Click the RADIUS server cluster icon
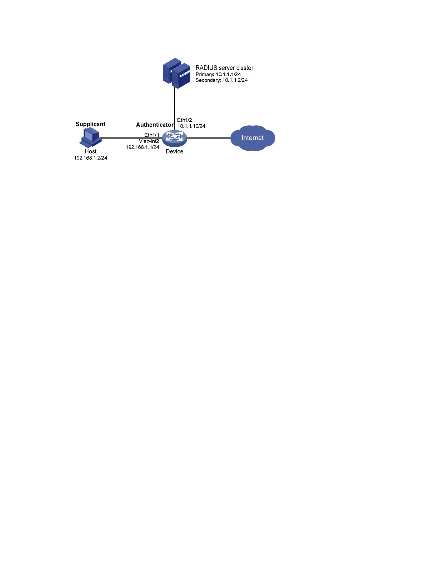click(x=177, y=74)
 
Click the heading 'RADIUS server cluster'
click(x=224, y=68)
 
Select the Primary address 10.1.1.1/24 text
click(x=218, y=74)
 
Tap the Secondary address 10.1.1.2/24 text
click(x=221, y=80)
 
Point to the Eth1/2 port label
click(x=184, y=120)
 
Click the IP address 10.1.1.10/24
click(x=191, y=126)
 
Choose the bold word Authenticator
click(x=155, y=125)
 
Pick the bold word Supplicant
click(x=90, y=124)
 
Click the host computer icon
click(x=90, y=138)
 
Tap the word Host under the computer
click(x=90, y=151)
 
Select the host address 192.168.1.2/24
click(x=90, y=158)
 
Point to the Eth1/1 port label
click(x=151, y=135)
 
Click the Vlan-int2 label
click(x=149, y=141)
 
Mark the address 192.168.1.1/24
click(x=142, y=147)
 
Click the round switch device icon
click(x=174, y=138)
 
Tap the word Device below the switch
click(x=174, y=151)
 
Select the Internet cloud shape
click(x=252, y=138)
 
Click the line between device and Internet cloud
click(x=209, y=138)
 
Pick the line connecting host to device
click(x=121, y=138)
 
